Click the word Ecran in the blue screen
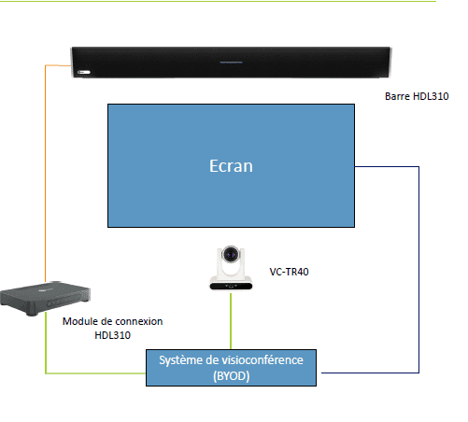(231, 166)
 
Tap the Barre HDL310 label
(417, 96)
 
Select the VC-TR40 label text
(289, 272)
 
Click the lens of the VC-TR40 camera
(231, 255)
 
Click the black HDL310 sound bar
(231, 63)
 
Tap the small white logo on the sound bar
(84, 72)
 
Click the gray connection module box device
(45, 298)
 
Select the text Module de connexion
(112, 321)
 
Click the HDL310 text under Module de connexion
(112, 335)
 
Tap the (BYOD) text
(232, 376)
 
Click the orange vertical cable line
(46, 174)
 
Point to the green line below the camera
(231, 321)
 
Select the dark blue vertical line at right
(418, 270)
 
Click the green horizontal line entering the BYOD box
(95, 373)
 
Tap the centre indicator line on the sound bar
(231, 63)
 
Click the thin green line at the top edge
(218, 1)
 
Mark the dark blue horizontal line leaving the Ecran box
(387, 167)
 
